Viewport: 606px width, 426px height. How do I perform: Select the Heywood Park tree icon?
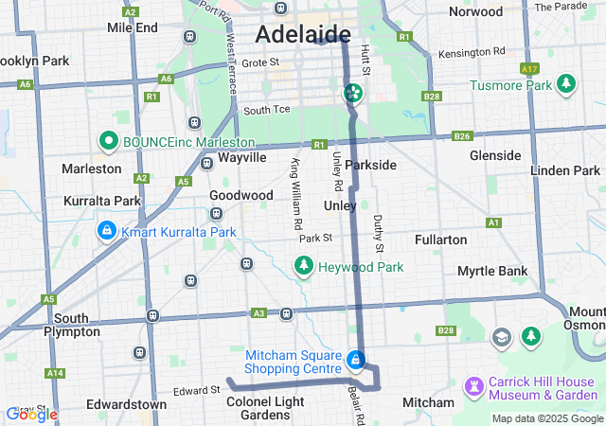click(304, 267)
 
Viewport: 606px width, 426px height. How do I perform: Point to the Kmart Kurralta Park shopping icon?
click(107, 232)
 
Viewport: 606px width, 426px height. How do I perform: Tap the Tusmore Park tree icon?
click(566, 85)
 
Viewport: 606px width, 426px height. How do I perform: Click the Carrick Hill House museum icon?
click(472, 388)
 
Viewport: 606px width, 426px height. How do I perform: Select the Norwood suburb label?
click(474, 12)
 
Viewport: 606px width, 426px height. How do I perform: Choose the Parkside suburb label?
click(370, 165)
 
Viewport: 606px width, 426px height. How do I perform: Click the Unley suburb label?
click(340, 205)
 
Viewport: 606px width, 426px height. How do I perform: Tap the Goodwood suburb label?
click(241, 195)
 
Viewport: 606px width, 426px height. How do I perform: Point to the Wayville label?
click(241, 158)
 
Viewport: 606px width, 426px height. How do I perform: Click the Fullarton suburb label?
click(440, 240)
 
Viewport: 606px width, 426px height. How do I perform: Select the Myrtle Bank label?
click(491, 271)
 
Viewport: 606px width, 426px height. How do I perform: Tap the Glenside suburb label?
click(495, 155)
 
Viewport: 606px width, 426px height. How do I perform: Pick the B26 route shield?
click(461, 136)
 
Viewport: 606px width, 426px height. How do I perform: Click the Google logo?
click(31, 414)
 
